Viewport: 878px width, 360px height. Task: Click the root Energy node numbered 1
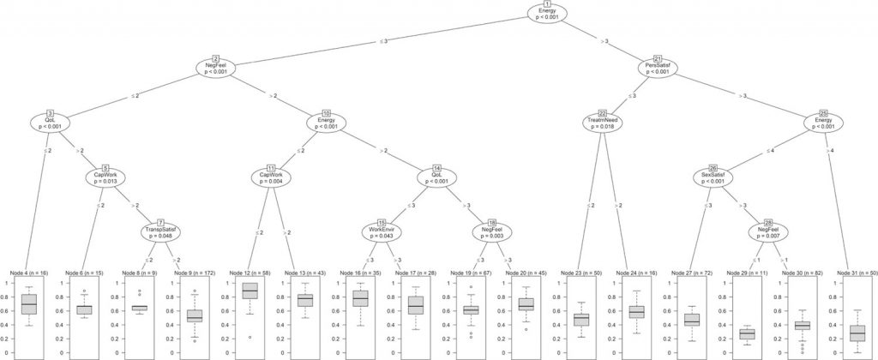coord(547,15)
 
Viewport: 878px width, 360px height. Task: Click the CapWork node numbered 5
coord(105,178)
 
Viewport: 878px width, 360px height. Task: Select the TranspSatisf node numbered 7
coord(160,233)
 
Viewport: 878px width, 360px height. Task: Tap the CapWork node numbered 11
coord(271,178)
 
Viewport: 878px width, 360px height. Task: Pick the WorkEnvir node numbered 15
coord(382,233)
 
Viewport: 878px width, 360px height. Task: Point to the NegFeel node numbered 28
coord(767,233)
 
